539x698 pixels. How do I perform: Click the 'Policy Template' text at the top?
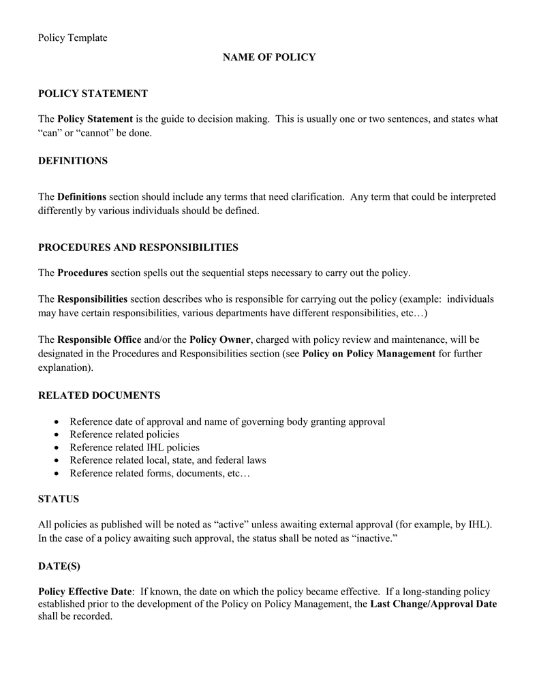click(x=72, y=38)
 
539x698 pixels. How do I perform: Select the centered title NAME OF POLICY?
click(x=269, y=57)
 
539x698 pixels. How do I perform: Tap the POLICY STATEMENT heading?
click(x=93, y=93)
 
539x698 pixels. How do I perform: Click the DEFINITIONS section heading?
click(x=73, y=161)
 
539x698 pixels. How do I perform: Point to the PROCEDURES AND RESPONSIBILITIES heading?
click(x=138, y=247)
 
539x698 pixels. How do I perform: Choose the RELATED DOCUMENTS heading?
click(x=99, y=395)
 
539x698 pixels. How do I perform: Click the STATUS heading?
click(x=59, y=499)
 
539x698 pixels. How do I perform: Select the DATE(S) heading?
click(x=59, y=566)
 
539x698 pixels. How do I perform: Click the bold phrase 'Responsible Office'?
click(x=99, y=339)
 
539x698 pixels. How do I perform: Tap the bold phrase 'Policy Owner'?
click(x=220, y=339)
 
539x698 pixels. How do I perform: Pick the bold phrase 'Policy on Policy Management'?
click(x=368, y=353)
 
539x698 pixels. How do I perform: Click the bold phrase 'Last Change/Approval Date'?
click(x=433, y=604)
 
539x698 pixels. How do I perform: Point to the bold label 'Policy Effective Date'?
click(x=84, y=592)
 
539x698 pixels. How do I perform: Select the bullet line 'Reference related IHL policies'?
click(x=134, y=447)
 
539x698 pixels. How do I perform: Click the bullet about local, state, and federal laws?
click(x=168, y=460)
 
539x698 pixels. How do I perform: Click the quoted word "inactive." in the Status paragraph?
click(x=374, y=538)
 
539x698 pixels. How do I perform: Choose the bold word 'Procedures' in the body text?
click(x=82, y=273)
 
